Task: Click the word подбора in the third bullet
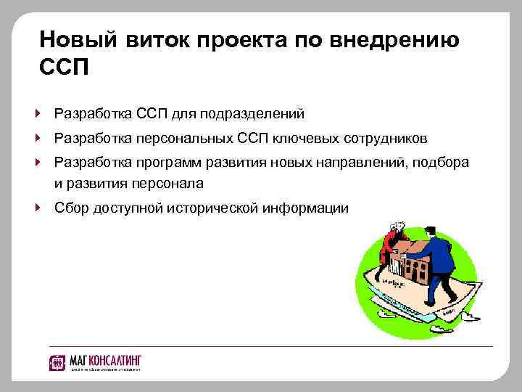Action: [442, 161]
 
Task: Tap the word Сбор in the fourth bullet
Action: [70, 208]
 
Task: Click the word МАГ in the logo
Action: [79, 359]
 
